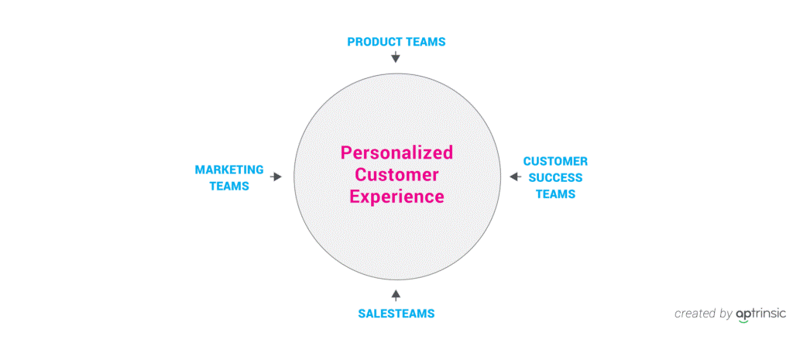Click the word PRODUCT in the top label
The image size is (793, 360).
376,42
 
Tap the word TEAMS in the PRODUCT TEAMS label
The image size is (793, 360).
426,42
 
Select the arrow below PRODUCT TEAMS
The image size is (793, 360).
396,56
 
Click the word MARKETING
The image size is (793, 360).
229,170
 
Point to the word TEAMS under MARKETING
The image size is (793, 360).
229,186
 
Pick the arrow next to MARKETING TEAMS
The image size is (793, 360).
276,177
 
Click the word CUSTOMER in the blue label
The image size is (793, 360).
555,161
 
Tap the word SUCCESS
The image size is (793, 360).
555,178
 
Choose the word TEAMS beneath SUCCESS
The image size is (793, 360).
555,194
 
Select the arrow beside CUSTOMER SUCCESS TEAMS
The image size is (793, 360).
515,177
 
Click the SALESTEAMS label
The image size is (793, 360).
396,314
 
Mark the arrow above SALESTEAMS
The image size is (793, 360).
396,295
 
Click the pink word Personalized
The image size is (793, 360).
396,153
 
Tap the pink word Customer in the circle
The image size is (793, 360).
396,174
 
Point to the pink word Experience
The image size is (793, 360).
397,197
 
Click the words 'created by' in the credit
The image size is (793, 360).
703,314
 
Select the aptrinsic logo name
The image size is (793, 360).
761,314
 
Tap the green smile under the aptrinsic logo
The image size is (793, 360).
743,321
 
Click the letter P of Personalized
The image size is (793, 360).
346,153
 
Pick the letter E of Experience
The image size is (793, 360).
355,196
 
